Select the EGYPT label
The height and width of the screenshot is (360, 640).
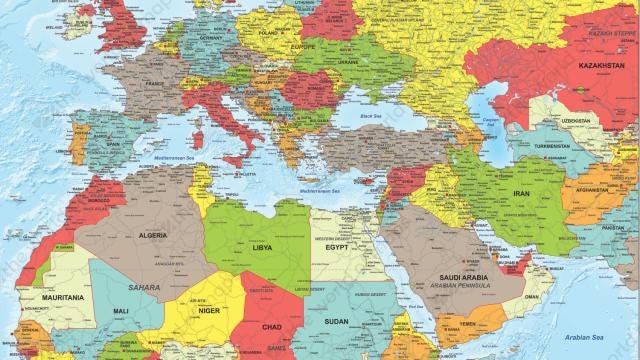337,247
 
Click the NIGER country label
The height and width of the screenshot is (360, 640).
207,309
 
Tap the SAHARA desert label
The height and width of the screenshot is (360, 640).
143,287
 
